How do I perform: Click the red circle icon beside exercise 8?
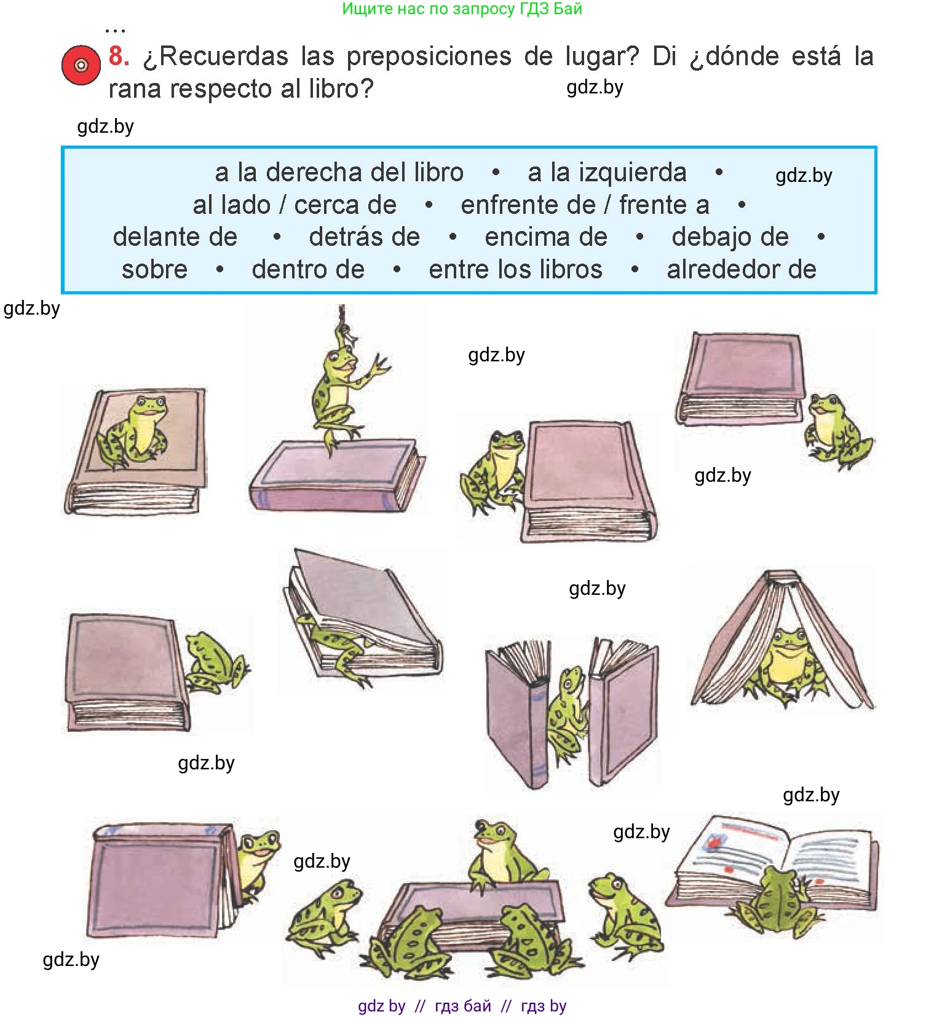[81, 65]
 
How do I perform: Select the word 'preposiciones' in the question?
[429, 57]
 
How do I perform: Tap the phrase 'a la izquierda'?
[607, 173]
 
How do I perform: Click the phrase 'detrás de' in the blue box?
[365, 237]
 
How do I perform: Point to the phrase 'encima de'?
[546, 237]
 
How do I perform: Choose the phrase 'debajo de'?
[730, 237]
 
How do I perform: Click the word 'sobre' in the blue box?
[155, 270]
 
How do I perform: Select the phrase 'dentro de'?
[308, 270]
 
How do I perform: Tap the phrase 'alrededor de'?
[742, 270]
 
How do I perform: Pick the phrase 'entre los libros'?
[515, 270]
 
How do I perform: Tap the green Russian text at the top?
[462, 9]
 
